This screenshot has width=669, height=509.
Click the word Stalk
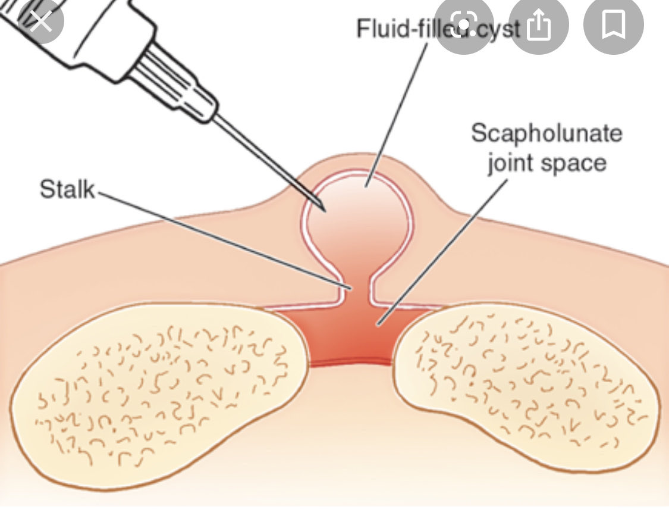pyautogui.click(x=67, y=189)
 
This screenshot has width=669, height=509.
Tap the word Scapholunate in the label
pyautogui.click(x=546, y=133)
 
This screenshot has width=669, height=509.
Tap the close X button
pyautogui.click(x=40, y=22)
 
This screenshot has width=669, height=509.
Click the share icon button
pyautogui.click(x=539, y=26)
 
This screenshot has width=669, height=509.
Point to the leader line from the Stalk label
pyautogui.click(x=226, y=241)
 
